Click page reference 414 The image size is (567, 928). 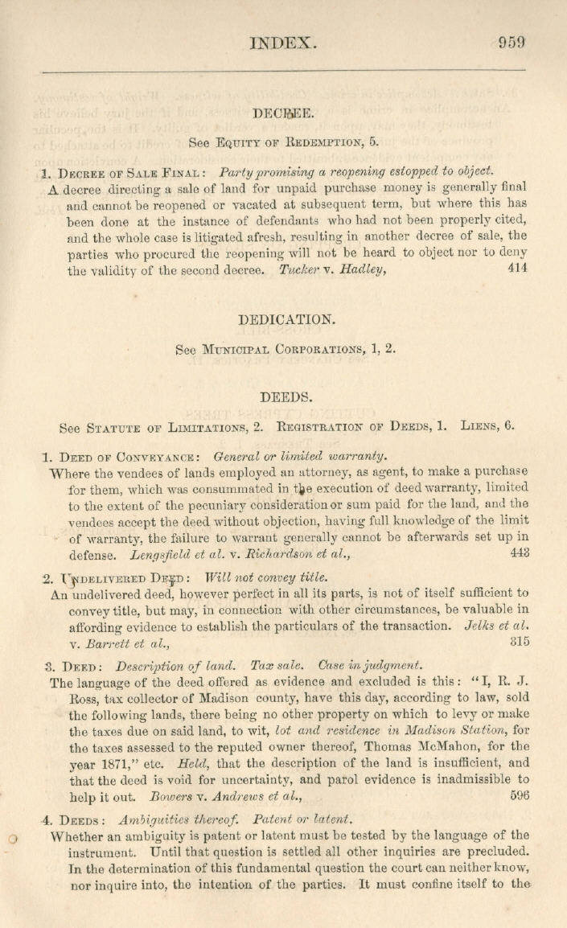pos(518,269)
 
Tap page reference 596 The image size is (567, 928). pos(519,796)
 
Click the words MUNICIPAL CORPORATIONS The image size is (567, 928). pos(278,350)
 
